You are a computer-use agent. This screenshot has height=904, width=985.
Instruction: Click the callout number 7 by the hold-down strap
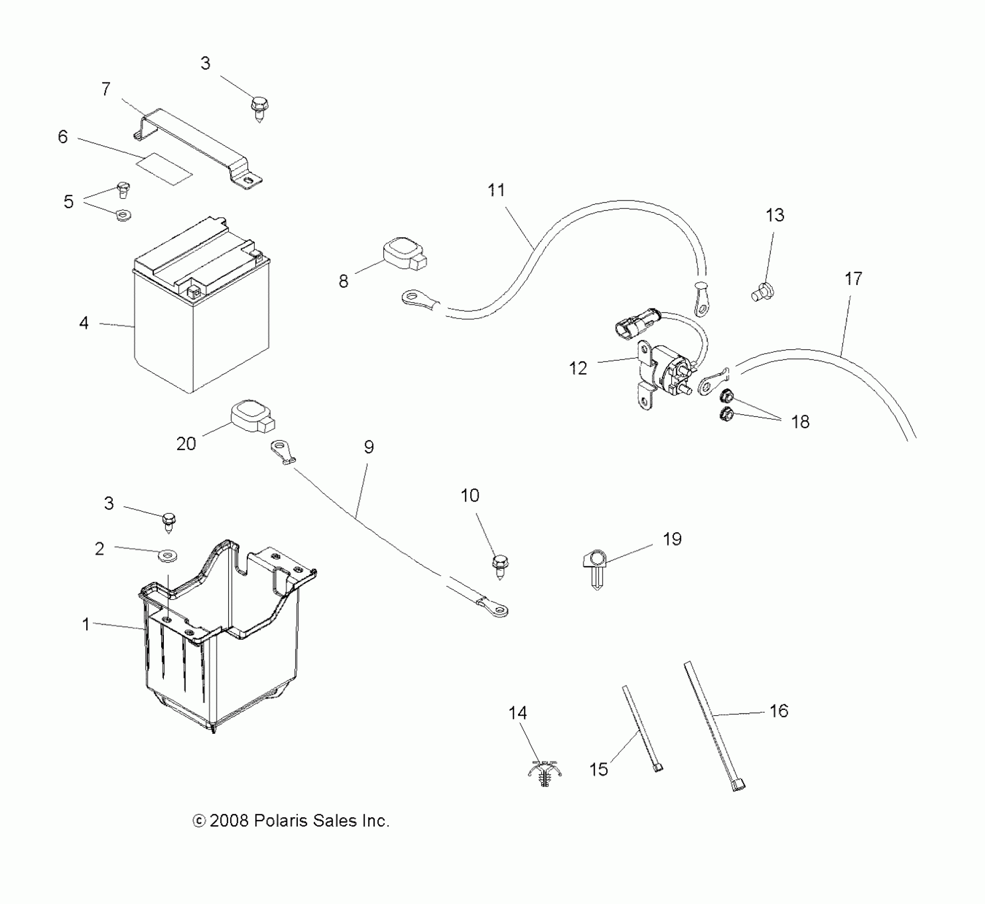(106, 89)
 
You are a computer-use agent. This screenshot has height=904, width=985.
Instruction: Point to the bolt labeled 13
(763, 291)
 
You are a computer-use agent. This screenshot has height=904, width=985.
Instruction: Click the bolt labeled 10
(500, 566)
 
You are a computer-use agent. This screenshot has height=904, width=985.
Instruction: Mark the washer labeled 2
(167, 556)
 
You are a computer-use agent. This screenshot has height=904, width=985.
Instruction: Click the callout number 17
(853, 279)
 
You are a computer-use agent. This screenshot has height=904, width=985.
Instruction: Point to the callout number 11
(496, 190)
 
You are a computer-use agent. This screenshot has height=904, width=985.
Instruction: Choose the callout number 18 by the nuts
(800, 422)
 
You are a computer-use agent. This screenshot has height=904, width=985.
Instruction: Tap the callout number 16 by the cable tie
(779, 710)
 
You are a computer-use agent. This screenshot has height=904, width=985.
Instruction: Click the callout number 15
(598, 769)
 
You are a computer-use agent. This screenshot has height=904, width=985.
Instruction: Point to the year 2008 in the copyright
(229, 821)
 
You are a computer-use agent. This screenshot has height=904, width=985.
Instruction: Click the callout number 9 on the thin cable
(369, 447)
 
